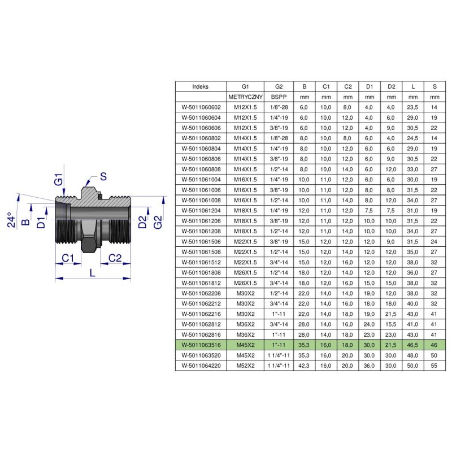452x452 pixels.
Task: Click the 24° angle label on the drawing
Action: (x=11, y=220)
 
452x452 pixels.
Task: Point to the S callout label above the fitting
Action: (x=103, y=176)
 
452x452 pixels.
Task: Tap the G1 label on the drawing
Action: (x=59, y=179)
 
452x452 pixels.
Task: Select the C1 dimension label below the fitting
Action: (x=68, y=258)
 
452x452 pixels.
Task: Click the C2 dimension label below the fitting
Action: (x=115, y=258)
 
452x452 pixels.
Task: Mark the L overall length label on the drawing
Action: (x=92, y=273)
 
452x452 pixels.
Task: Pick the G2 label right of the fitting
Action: (x=158, y=222)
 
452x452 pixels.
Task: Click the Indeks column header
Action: (x=201, y=87)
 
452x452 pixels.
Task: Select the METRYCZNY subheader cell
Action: (x=245, y=97)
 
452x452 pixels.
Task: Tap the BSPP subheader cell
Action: (x=279, y=97)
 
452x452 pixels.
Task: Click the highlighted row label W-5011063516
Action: (x=201, y=345)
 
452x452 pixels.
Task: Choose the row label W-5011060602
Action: (x=201, y=107)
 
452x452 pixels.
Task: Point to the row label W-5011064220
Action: (x=201, y=366)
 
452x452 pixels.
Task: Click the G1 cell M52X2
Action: (x=245, y=366)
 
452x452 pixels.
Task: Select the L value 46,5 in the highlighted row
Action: (x=412, y=345)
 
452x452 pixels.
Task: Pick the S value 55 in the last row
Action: (x=434, y=366)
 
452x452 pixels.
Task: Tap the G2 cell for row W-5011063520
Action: (x=279, y=355)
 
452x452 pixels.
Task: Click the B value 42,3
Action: (x=304, y=366)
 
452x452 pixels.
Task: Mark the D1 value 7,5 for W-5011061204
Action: (x=369, y=211)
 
